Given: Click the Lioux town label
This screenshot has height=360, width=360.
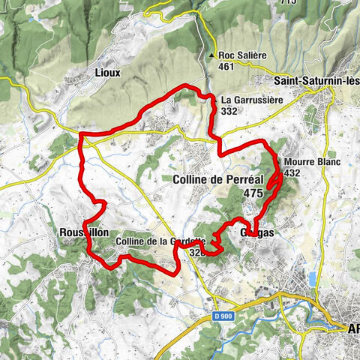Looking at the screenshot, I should pos(108,74).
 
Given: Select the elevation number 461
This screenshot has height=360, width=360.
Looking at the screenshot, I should pos(226,67).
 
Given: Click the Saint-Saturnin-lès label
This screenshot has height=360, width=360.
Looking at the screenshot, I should pos(313,79).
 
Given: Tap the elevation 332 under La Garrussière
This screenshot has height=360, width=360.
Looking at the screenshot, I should pos(229,110).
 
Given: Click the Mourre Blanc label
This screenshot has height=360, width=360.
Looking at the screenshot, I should pos(312,161).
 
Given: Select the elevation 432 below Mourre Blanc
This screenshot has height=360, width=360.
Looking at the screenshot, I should pos(292,172).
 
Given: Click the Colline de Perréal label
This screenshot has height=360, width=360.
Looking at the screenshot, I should pos(217,179).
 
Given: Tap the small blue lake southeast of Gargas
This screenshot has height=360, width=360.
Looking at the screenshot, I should pos(311,280).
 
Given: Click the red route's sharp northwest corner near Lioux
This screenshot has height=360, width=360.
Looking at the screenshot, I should pos(80,135).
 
